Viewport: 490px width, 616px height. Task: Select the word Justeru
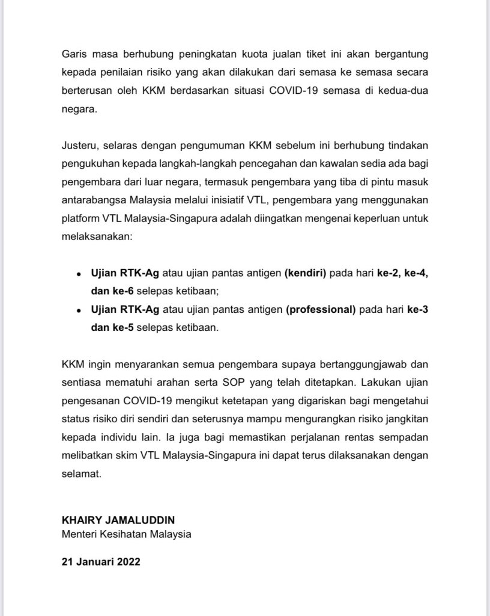(78, 145)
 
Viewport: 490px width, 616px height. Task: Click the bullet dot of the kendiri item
(78, 274)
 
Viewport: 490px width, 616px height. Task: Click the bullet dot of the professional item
(78, 310)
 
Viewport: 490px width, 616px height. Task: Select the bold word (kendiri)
(305, 274)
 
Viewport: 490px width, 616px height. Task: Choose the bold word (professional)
(321, 310)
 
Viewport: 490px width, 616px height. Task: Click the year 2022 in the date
(126, 562)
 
